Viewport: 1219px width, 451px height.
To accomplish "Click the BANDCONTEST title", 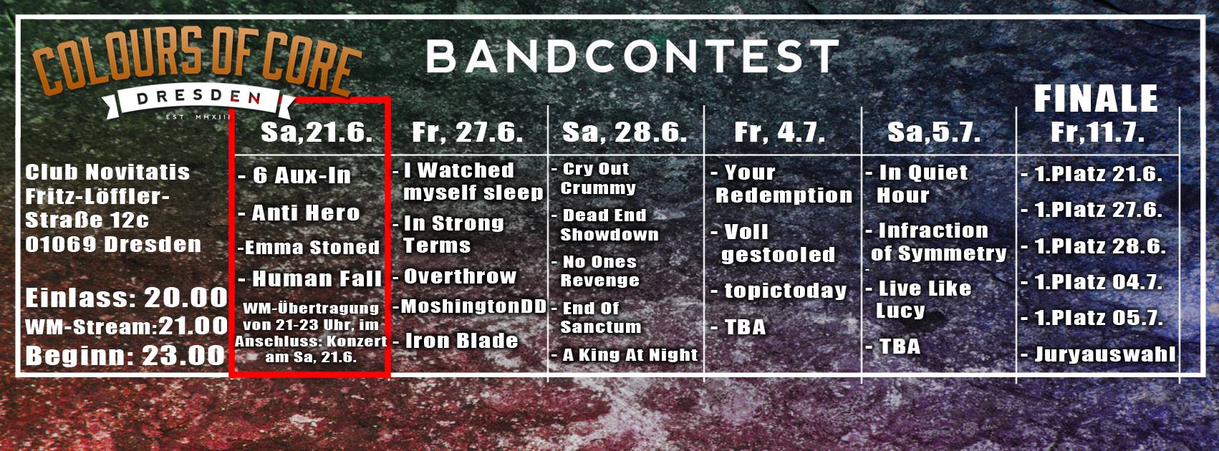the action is coord(633,57).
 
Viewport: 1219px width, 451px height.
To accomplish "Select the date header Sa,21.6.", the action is coord(317,132).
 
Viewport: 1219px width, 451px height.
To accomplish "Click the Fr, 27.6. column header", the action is coord(467,132).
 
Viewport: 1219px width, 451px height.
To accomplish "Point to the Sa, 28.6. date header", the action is coord(625,132).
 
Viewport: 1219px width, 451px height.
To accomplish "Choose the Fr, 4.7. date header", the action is coord(779,132).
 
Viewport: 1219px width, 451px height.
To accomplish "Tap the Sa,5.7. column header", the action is coord(934,132).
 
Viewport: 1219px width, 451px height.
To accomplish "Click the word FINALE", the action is coord(1096,99).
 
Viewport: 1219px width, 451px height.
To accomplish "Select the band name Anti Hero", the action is coord(305,213).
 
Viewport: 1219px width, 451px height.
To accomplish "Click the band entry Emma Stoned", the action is coord(312,248).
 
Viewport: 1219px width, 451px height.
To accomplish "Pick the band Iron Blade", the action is coord(461,341).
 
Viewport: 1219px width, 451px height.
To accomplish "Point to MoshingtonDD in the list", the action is coord(473,306).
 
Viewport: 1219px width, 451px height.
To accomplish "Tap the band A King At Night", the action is coord(630,354).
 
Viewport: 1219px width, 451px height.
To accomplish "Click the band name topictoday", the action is coord(785,291).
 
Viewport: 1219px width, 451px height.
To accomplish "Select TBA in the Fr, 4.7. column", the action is coord(745,327).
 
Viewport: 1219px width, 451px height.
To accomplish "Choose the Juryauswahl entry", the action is coord(1104,354).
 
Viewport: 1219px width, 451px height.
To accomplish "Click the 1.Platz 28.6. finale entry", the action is coord(1100,246).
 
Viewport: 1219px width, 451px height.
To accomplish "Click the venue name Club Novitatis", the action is coord(107,173).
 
